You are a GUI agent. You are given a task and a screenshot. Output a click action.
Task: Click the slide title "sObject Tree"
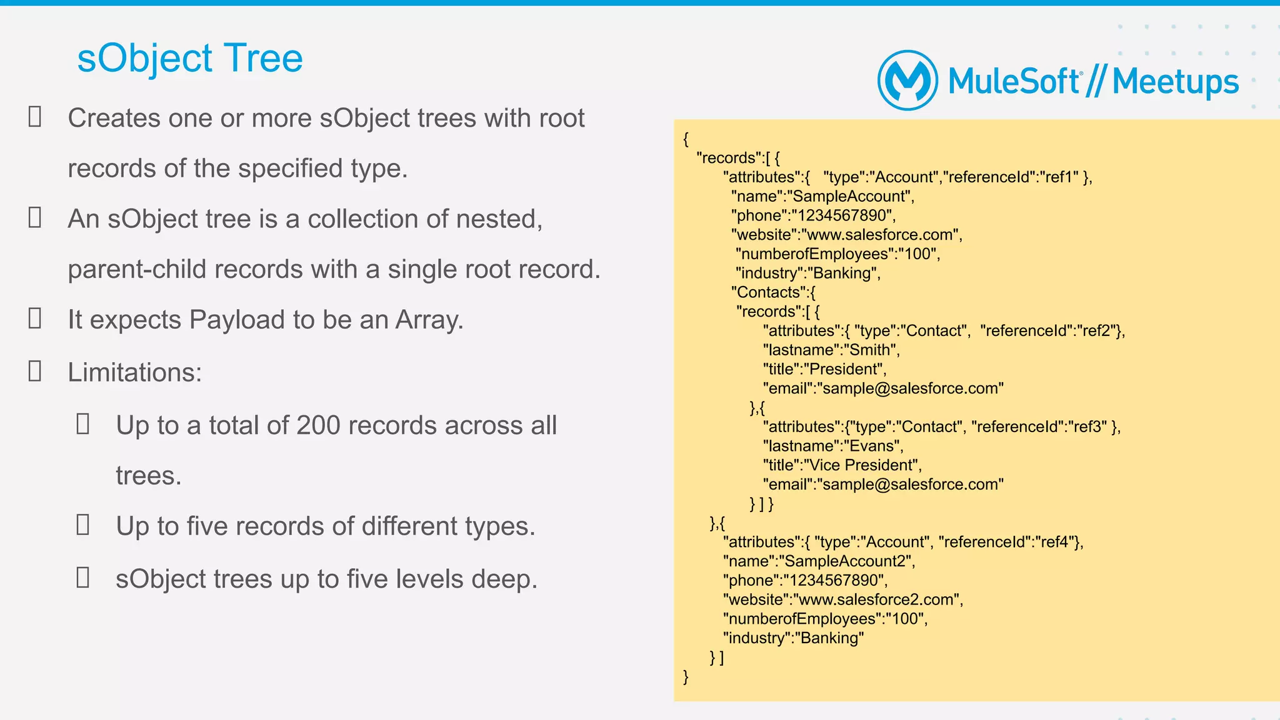(x=190, y=59)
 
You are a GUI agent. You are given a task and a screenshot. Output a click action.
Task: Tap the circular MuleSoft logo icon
(x=907, y=81)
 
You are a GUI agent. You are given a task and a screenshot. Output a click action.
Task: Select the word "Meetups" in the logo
(x=1175, y=82)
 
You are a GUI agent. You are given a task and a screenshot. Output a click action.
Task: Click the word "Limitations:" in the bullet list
(x=135, y=373)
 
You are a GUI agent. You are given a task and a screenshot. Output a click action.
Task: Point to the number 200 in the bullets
(x=318, y=426)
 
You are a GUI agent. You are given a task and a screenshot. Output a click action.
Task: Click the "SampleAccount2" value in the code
(x=844, y=561)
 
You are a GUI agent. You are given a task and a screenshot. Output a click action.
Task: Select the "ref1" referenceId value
(x=1059, y=177)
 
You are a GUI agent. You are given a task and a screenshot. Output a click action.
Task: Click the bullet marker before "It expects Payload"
(x=35, y=318)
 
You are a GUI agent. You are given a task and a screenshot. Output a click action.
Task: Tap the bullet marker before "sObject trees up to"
(x=82, y=578)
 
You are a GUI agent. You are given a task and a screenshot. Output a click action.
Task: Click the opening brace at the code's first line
(x=686, y=139)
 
